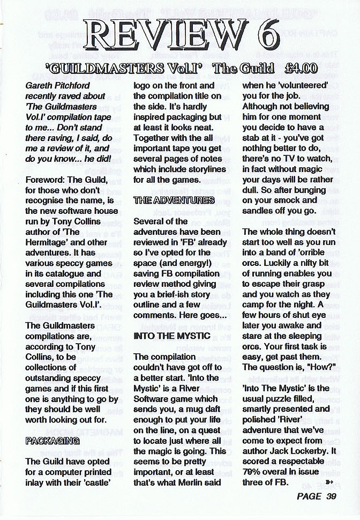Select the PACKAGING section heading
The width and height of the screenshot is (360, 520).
coord(52,440)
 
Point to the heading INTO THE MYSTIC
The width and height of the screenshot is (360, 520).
coord(169,336)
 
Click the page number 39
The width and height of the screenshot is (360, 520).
coord(330,496)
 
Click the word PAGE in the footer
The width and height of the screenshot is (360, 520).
coord(309,496)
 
